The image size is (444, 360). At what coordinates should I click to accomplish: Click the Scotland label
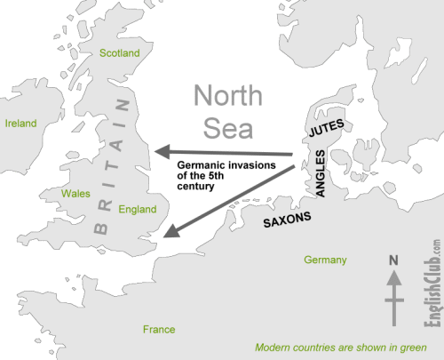120,53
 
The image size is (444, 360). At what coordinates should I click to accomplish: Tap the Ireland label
21,123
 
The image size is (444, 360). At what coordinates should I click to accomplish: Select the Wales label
75,193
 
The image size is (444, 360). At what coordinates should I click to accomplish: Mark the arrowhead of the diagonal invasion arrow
170,235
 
